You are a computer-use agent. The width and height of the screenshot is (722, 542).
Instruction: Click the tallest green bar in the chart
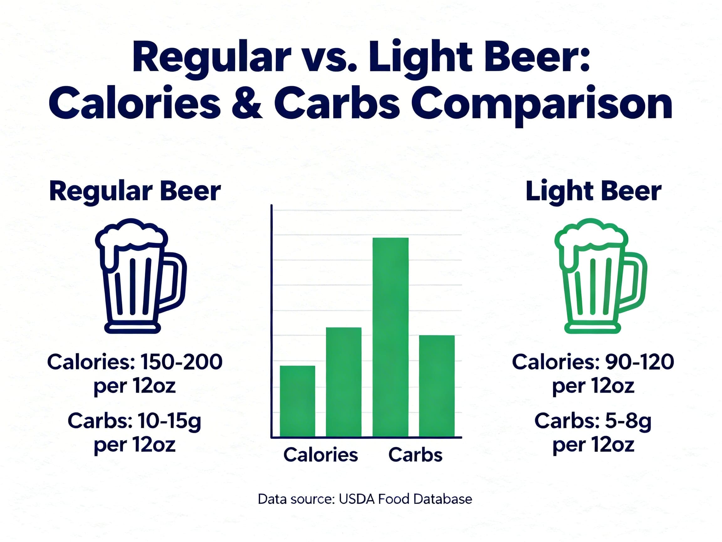(x=390, y=337)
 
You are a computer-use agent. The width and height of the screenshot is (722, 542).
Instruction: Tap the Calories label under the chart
(x=321, y=454)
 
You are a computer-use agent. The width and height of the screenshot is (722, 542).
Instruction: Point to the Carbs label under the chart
(x=415, y=454)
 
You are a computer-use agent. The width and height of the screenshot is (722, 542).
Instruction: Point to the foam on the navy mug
(x=131, y=234)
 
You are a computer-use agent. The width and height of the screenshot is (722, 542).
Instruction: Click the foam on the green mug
(x=591, y=234)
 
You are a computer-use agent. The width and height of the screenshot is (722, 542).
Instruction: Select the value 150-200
(x=181, y=362)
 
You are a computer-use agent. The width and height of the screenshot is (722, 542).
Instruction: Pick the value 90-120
(x=639, y=362)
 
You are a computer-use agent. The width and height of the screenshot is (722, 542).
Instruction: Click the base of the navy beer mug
(x=133, y=328)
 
